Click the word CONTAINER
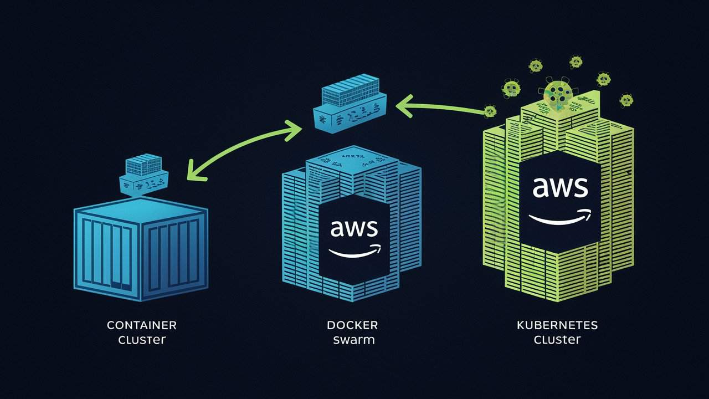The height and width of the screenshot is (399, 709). pyautogui.click(x=141, y=325)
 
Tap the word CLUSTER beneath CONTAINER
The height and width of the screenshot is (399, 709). pyautogui.click(x=141, y=340)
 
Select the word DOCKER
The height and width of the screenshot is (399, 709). pyautogui.click(x=352, y=325)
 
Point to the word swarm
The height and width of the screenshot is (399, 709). pyautogui.click(x=353, y=340)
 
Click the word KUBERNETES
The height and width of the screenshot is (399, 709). pyautogui.click(x=557, y=325)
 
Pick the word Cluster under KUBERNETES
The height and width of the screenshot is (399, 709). pyautogui.click(x=557, y=340)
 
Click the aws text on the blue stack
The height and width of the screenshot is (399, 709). pyautogui.click(x=354, y=228)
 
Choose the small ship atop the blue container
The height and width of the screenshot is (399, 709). pyautogui.click(x=144, y=175)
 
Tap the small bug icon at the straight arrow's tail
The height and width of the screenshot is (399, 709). pyautogui.click(x=490, y=111)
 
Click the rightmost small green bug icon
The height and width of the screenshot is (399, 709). pyautogui.click(x=626, y=100)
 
